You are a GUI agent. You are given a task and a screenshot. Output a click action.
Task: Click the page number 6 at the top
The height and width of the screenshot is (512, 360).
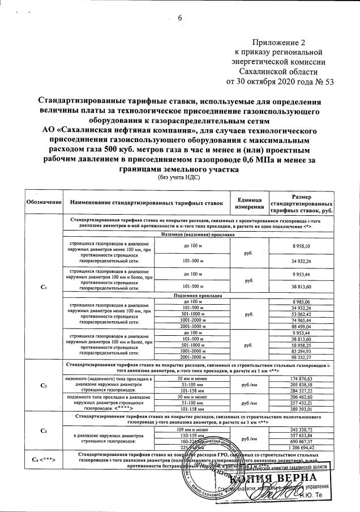tap(181, 18)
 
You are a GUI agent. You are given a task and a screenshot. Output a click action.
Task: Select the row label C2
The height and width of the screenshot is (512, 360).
tap(44, 386)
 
